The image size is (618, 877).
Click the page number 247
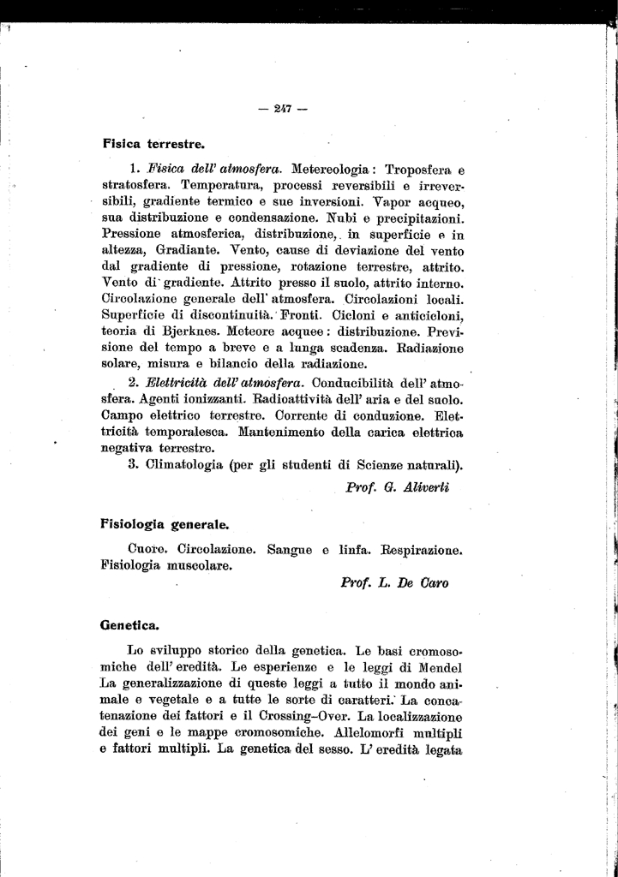pyautogui.click(x=282, y=109)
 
